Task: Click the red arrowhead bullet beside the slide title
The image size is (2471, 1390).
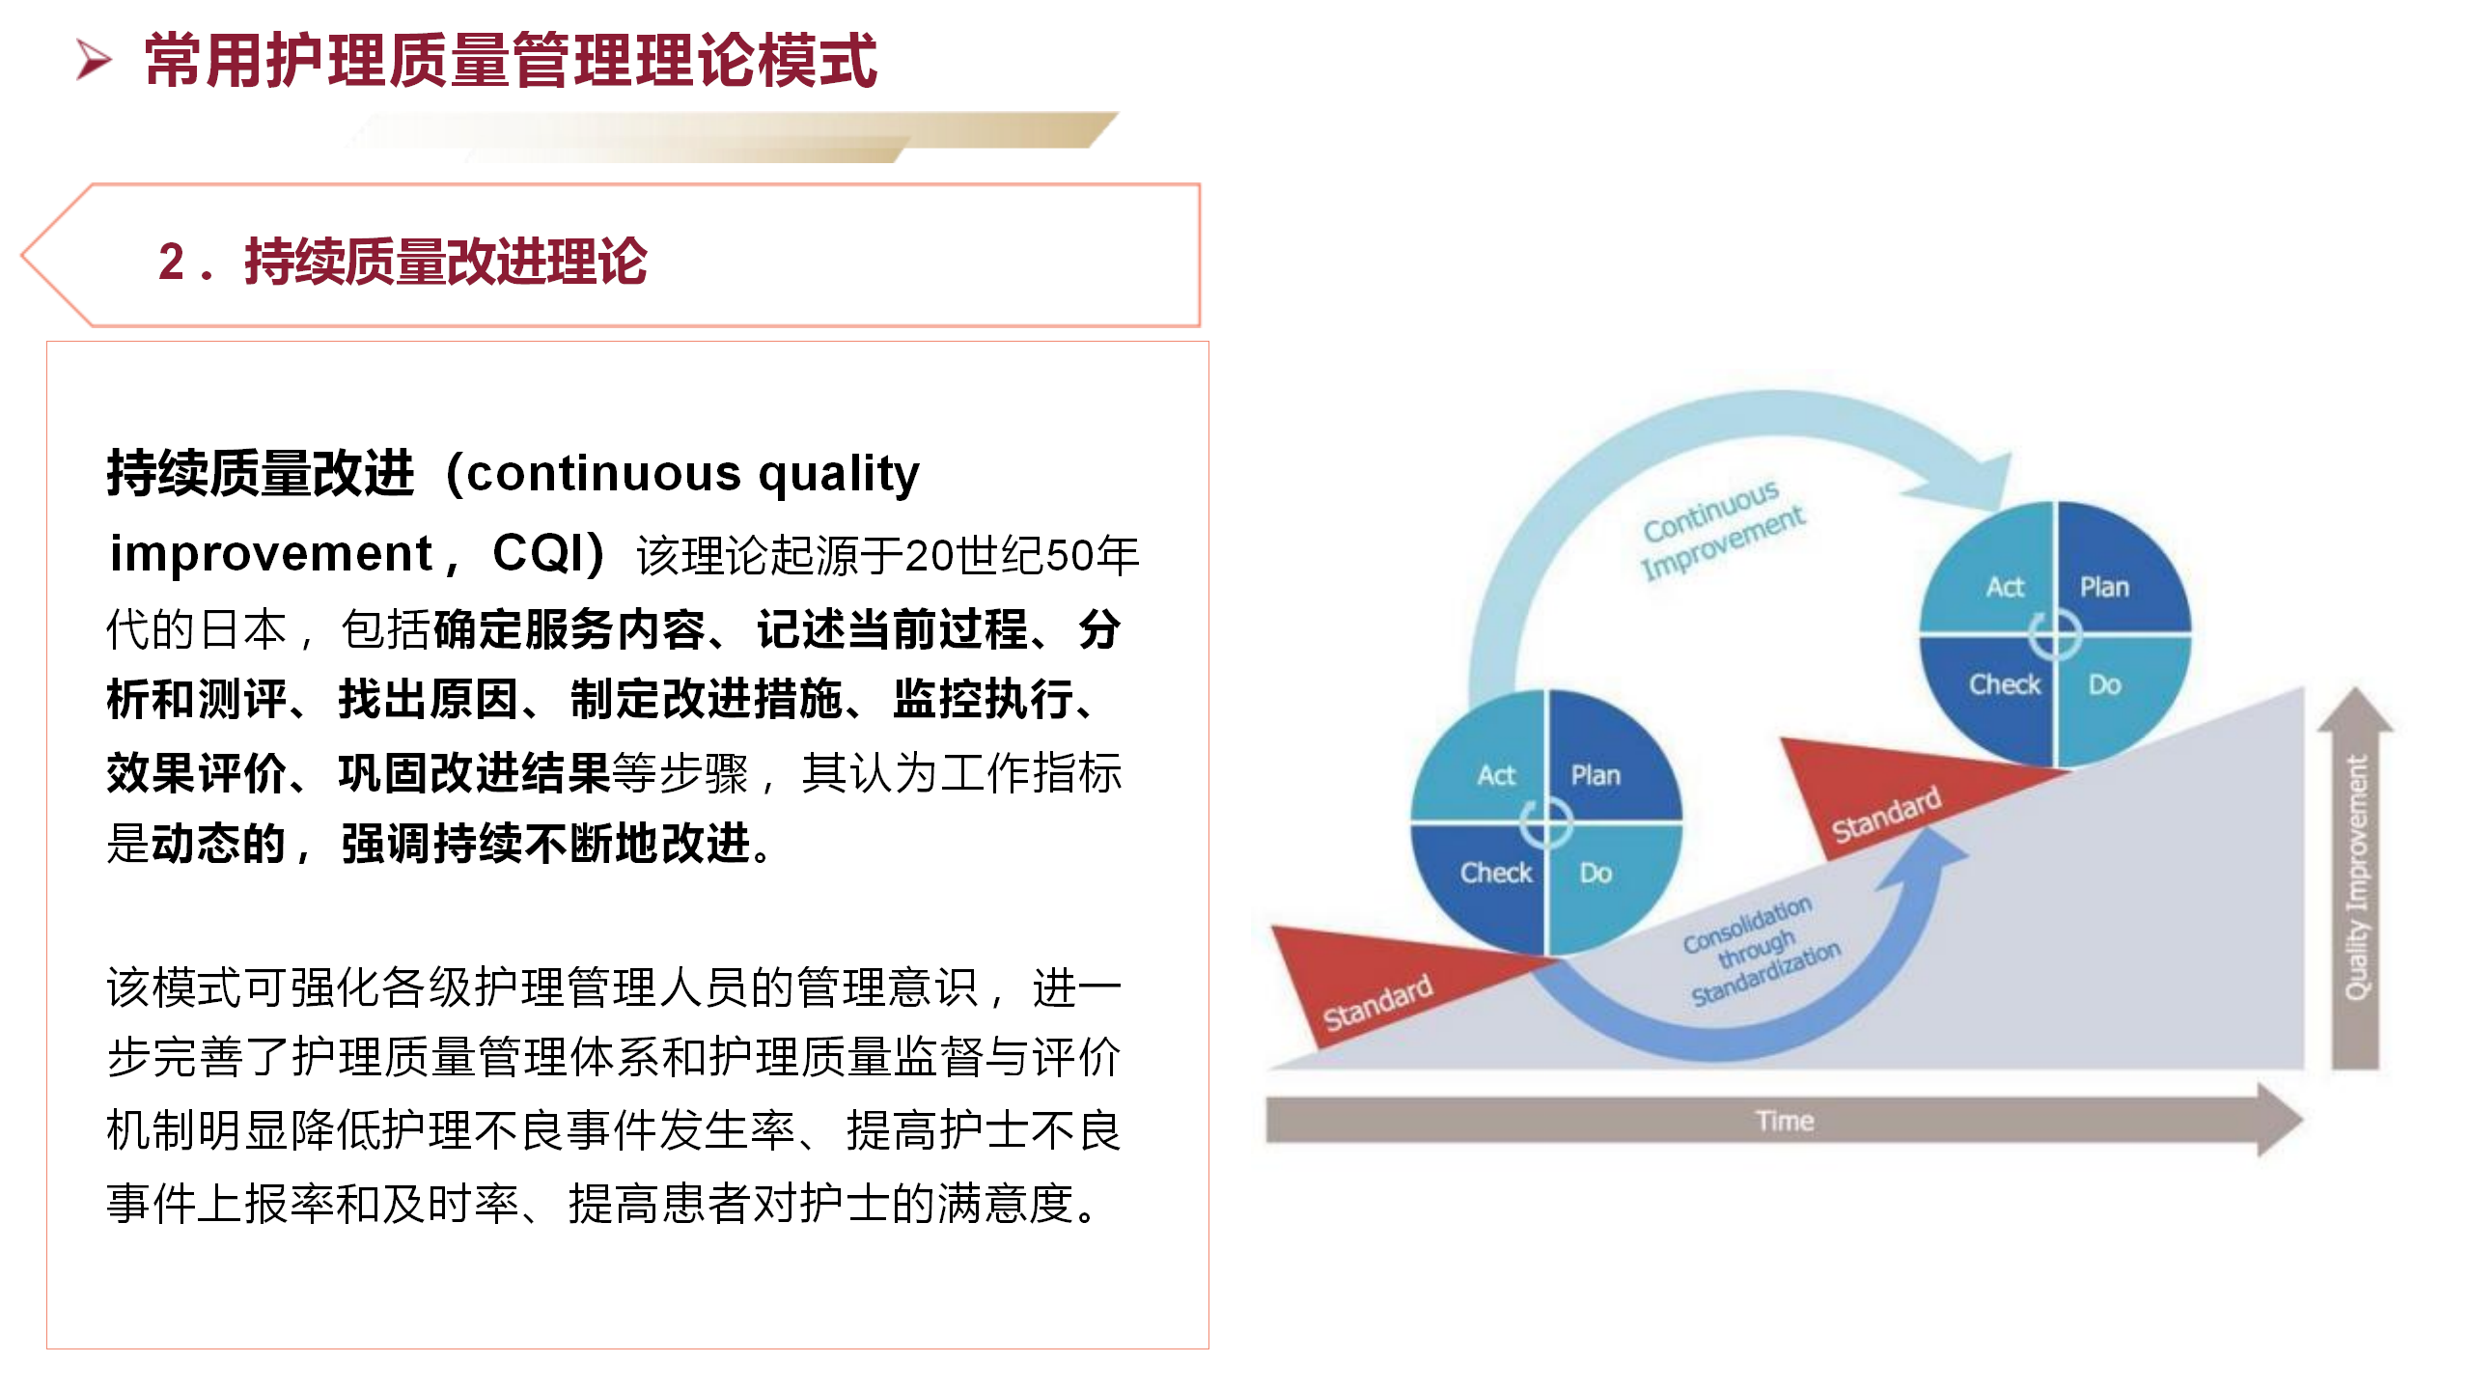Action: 94,60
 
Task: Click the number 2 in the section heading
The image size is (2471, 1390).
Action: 172,263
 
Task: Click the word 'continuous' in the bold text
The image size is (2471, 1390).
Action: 604,474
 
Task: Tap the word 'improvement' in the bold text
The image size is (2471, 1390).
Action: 271,554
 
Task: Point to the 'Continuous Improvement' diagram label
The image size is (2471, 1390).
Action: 1722,530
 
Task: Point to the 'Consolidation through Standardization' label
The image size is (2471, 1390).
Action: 1759,951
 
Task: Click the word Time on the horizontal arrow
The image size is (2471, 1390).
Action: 1785,1121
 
